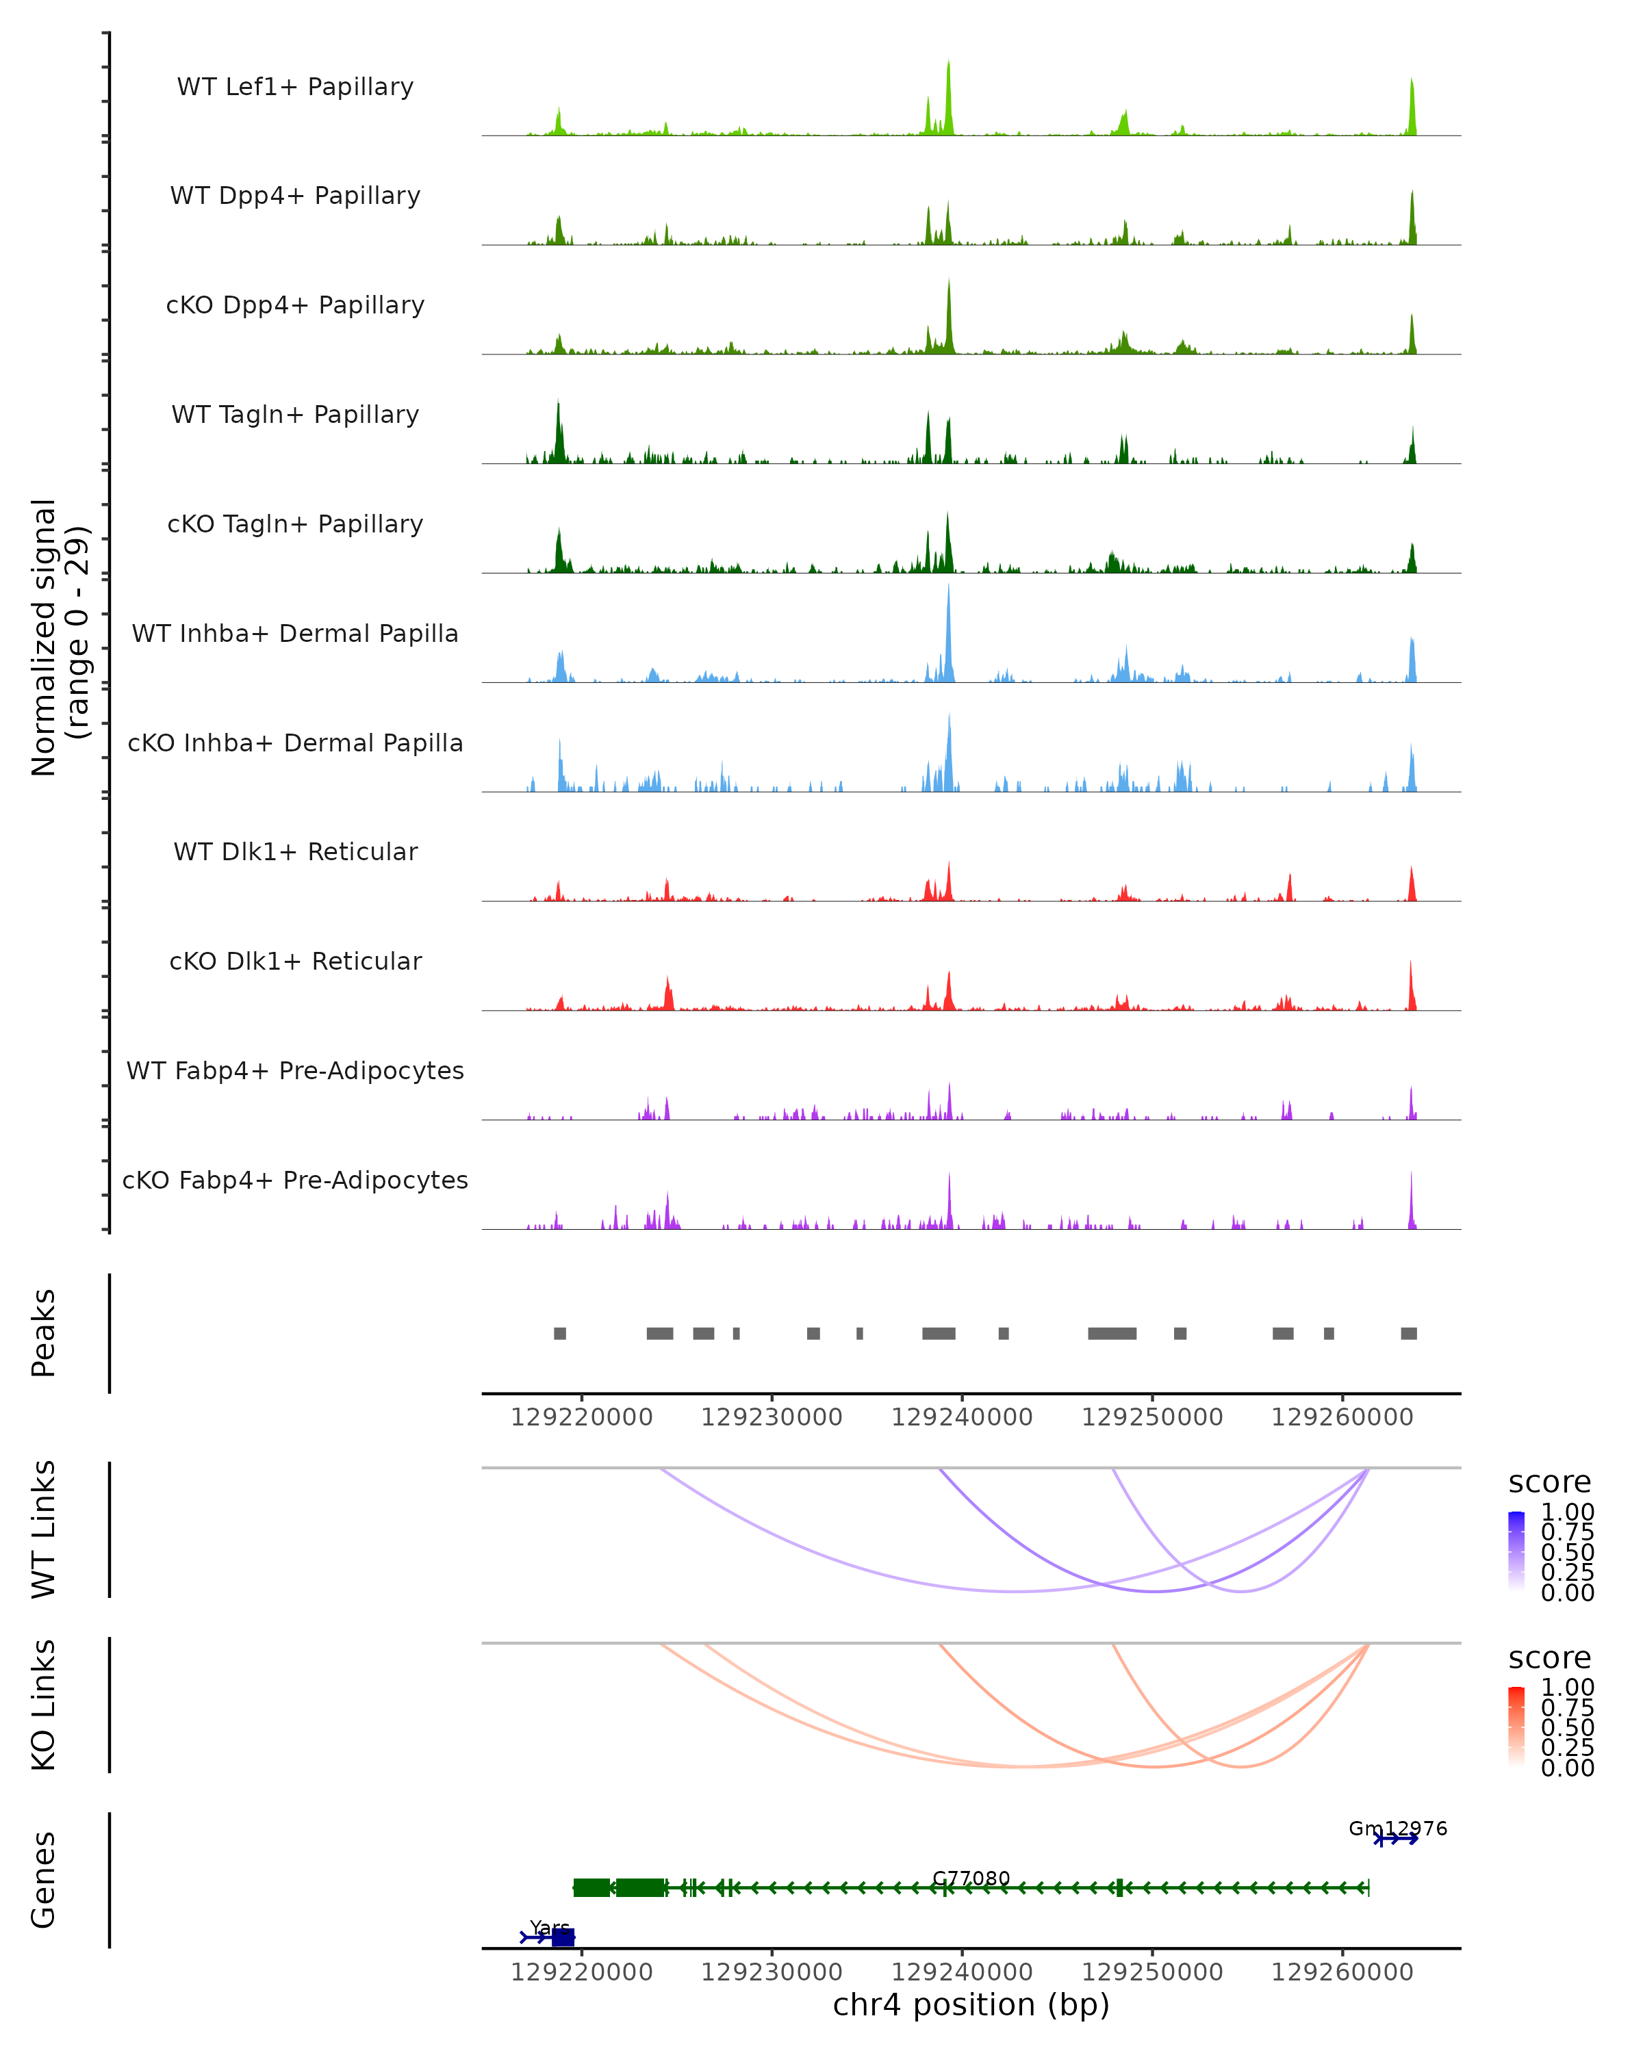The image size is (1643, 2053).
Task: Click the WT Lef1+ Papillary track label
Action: (x=295, y=87)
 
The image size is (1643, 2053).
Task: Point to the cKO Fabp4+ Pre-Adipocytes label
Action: (x=295, y=1180)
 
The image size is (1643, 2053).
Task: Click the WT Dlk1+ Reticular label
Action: (x=295, y=851)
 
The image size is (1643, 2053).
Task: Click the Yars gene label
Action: (x=550, y=1927)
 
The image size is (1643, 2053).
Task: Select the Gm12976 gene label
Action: (x=1397, y=1829)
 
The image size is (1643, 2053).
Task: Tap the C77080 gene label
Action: (x=971, y=1878)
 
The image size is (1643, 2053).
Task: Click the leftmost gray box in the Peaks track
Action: (x=560, y=1333)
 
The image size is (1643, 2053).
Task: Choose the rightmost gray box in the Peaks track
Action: (x=1409, y=1333)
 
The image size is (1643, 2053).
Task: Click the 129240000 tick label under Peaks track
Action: (x=962, y=1417)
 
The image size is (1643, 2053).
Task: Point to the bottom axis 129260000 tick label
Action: (x=1342, y=1971)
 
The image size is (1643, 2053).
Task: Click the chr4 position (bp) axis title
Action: (x=971, y=2004)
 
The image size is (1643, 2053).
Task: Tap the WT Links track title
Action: (x=44, y=1529)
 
